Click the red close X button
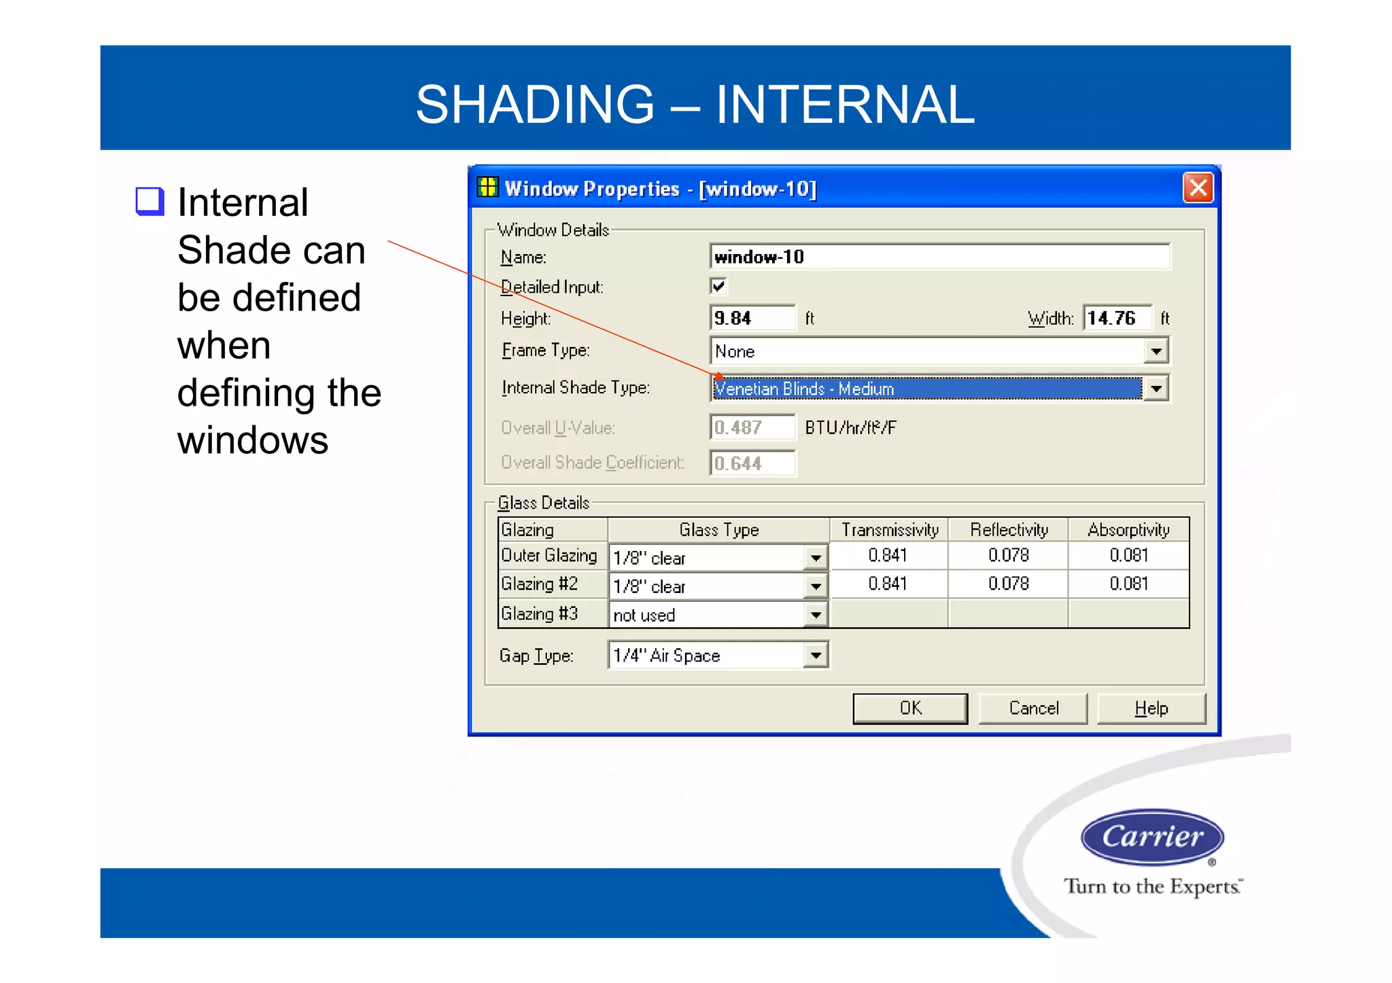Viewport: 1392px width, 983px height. click(1198, 187)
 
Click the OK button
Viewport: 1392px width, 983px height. click(909, 709)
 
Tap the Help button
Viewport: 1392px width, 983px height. click(1151, 709)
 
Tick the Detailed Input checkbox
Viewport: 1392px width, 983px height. click(718, 286)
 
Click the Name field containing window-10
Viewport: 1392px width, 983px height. click(939, 257)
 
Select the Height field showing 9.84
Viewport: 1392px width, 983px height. click(752, 318)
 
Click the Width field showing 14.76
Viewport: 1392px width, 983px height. click(1117, 318)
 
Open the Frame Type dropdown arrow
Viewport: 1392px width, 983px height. click(1155, 351)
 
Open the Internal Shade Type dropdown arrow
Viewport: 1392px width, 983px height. click(1155, 389)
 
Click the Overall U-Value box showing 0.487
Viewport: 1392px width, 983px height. click(752, 427)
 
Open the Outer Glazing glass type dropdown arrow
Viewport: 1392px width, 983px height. click(815, 558)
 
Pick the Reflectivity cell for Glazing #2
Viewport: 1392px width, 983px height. click(1008, 584)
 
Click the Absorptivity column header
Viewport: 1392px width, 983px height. click(1128, 529)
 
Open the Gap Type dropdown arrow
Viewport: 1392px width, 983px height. click(815, 656)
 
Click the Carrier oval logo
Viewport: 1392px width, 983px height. click(1152, 836)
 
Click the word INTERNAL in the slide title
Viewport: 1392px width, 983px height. click(845, 105)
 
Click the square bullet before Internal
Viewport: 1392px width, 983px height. click(150, 201)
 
